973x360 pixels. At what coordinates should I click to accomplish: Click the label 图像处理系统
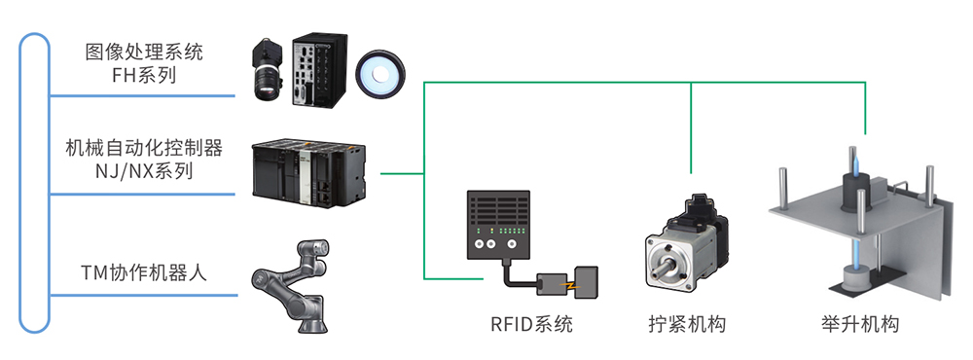point(144,52)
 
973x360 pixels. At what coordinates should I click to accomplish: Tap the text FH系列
point(144,75)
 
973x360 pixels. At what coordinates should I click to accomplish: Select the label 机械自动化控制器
point(144,148)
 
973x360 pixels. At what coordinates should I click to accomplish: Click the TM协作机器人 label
point(144,272)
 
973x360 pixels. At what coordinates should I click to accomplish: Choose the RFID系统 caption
point(532,324)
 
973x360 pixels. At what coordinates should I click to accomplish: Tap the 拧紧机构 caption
point(687,324)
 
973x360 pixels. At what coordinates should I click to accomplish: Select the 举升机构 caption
point(859,324)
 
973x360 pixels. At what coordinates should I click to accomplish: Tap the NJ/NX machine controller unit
point(309,174)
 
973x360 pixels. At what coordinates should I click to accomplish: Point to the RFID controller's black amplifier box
point(498,225)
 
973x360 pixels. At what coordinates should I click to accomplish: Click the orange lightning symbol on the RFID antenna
point(568,285)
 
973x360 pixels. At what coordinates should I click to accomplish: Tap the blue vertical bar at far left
point(34,183)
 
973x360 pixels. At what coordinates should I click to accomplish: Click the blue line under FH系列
point(142,96)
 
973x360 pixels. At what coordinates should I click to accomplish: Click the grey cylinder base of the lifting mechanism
point(854,277)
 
